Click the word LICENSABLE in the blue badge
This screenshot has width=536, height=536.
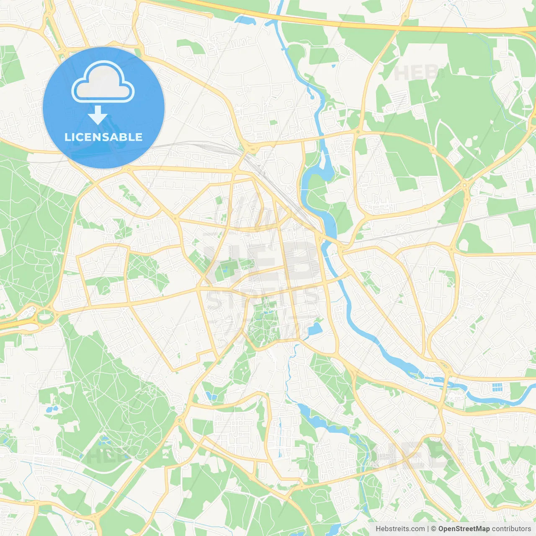[x=103, y=137]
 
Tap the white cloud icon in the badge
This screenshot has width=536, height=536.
[x=103, y=82]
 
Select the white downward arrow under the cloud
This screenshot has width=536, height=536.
[x=98, y=115]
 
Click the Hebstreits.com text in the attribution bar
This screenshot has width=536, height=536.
[x=400, y=529]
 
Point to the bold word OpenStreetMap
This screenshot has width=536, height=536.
[x=464, y=529]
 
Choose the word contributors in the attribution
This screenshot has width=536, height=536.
[x=511, y=529]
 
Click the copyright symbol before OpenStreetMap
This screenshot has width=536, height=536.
[x=433, y=529]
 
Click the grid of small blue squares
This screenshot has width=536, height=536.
[x=497, y=387]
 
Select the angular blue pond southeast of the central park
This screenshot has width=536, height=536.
[x=315, y=329]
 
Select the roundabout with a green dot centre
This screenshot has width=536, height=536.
[x=358, y=132]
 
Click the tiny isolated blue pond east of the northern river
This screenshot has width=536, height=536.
[x=333, y=66]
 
